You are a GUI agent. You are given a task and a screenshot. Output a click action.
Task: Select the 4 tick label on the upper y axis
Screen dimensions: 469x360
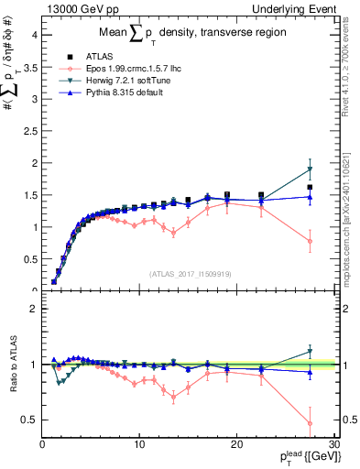34,35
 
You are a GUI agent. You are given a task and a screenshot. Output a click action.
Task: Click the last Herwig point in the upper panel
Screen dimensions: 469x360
311,169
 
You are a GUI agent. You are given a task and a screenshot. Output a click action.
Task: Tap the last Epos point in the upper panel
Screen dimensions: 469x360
311,241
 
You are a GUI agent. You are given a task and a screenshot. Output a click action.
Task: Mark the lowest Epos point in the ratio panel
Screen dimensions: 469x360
311,423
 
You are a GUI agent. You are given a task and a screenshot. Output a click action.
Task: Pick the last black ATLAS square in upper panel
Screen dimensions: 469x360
311,187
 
